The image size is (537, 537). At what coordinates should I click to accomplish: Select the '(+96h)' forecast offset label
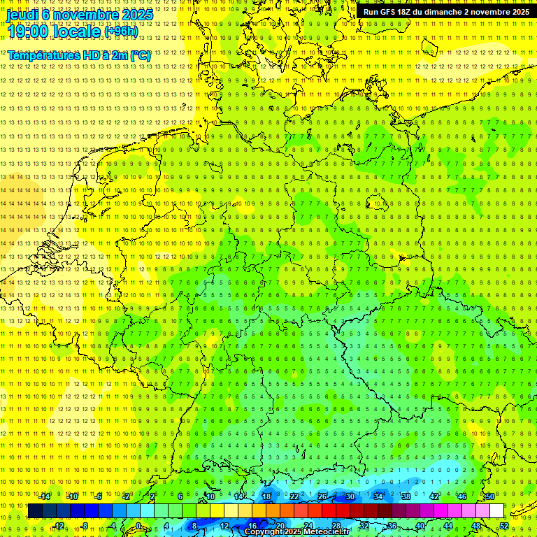coord(121,31)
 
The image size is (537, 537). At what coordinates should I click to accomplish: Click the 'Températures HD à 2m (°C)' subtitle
coord(78,55)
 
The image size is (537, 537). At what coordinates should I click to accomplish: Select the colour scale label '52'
coord(504,526)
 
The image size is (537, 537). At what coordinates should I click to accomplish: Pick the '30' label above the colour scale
coord(350,496)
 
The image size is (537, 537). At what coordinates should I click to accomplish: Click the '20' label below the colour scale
coord(280,526)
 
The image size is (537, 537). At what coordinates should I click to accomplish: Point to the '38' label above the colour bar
coord(406,496)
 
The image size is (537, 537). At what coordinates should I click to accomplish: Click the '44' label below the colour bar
coord(448,526)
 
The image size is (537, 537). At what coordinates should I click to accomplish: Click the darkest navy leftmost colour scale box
coord(35,511)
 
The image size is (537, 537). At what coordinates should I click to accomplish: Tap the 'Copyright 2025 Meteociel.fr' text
coord(297,532)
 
